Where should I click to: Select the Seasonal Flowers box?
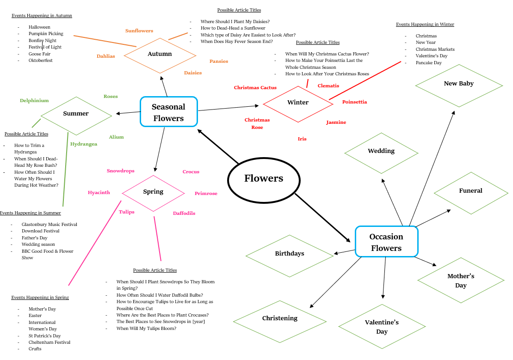pyautogui.click(x=169, y=111)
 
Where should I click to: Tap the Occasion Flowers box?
pyautogui.click(x=386, y=241)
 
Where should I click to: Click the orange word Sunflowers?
pyautogui.click(x=139, y=31)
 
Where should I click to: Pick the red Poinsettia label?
pyautogui.click(x=354, y=102)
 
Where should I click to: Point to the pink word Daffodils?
pyautogui.click(x=184, y=213)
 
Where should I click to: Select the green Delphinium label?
pyautogui.click(x=34, y=101)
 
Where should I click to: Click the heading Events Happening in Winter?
pyautogui.click(x=425, y=24)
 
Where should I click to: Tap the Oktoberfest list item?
pyautogui.click(x=41, y=61)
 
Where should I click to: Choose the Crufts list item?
pyautogui.click(x=35, y=349)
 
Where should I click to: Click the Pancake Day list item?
pyautogui.click(x=429, y=63)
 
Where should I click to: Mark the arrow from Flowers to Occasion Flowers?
pyautogui.click(x=322, y=218)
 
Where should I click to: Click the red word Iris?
pyautogui.click(x=302, y=139)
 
